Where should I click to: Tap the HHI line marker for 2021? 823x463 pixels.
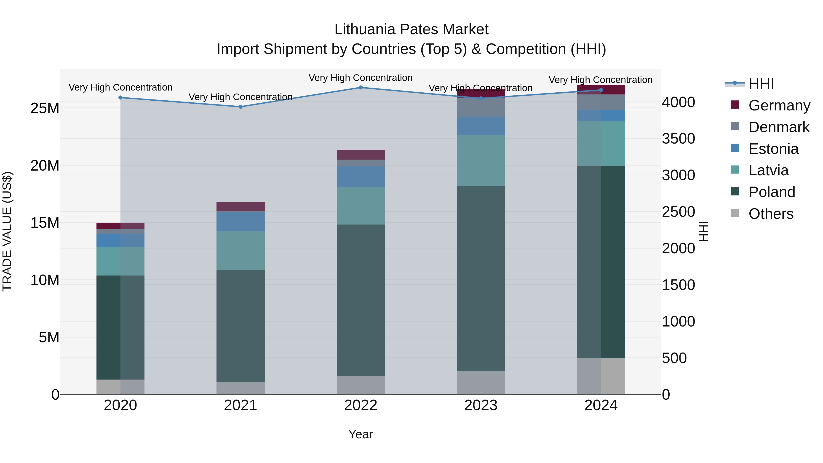point(240,107)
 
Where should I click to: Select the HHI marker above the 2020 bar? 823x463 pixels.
point(120,97)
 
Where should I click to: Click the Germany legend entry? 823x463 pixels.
point(779,105)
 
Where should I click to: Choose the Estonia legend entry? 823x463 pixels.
point(773,149)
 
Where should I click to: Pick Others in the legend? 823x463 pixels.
point(771,214)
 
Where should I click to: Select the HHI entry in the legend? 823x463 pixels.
point(761,84)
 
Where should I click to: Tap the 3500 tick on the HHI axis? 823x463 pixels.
point(678,139)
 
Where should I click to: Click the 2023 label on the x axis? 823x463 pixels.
point(481,405)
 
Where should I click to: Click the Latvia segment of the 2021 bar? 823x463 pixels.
point(240,251)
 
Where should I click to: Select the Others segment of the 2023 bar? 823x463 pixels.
point(481,383)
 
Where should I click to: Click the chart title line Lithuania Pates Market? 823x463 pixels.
point(411,29)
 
